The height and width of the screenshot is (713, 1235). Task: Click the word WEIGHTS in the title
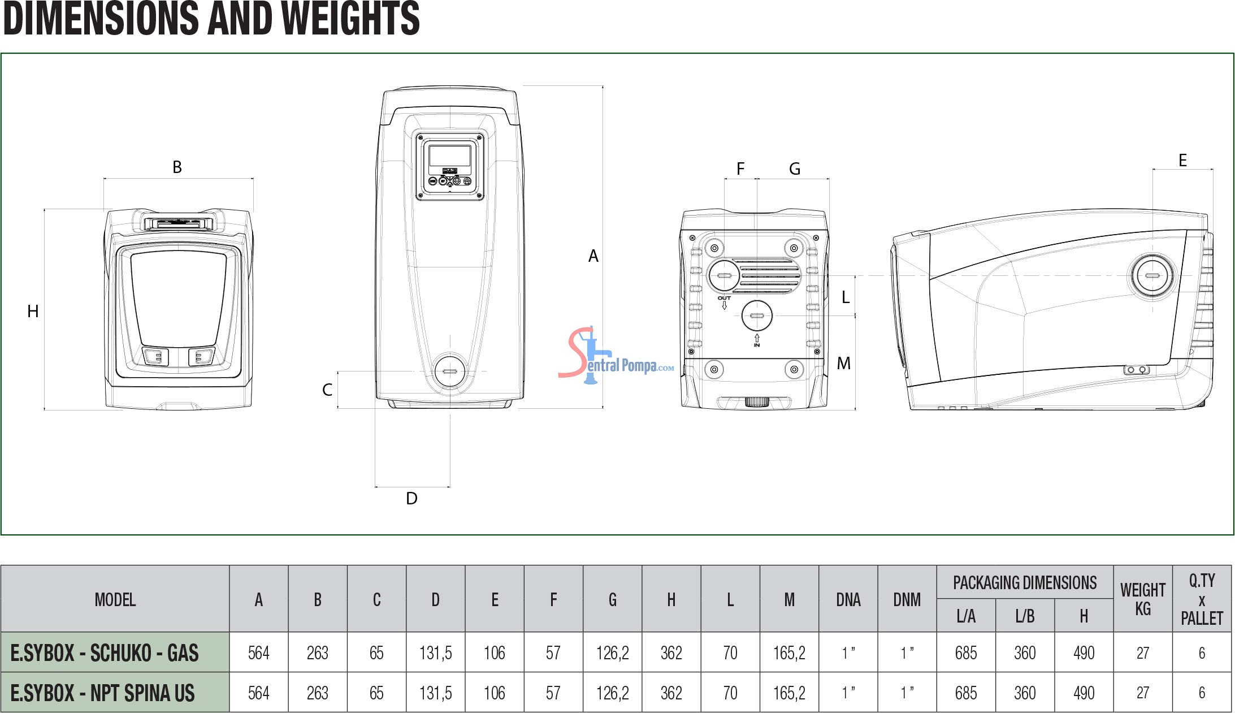[350, 18]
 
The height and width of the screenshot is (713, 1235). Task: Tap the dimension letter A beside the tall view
[593, 256]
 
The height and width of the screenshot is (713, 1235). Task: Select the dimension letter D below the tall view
[411, 498]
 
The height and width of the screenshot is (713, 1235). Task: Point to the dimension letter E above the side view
[1182, 161]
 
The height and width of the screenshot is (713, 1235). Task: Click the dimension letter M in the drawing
[843, 363]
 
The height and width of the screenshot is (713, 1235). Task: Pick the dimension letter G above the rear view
[795, 168]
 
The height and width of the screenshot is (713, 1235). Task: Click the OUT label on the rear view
[724, 298]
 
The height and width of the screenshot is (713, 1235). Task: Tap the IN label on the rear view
[757, 345]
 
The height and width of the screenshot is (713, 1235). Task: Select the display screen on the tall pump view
[450, 155]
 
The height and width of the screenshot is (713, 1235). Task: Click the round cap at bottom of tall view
[450, 371]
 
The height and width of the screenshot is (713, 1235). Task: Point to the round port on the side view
[1152, 276]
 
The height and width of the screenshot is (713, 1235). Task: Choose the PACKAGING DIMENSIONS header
[1025, 582]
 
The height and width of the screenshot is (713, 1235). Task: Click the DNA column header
[848, 599]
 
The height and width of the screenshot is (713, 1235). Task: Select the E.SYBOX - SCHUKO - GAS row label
[105, 653]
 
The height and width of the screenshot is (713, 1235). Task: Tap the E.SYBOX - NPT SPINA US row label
[102, 693]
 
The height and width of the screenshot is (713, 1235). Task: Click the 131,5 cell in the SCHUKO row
[435, 653]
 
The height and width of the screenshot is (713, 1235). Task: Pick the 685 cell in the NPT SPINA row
[966, 693]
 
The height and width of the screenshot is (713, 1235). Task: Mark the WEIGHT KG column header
[1143, 599]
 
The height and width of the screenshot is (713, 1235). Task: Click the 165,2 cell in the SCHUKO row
[789, 653]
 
